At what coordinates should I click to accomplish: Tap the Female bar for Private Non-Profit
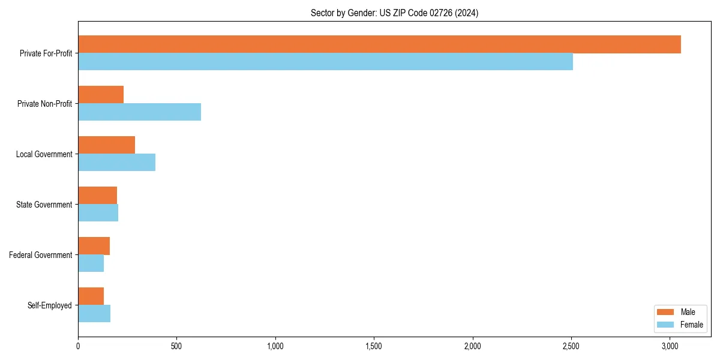tap(139, 112)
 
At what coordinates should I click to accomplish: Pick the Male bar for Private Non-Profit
tap(101, 95)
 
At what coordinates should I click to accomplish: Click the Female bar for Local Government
tap(116, 163)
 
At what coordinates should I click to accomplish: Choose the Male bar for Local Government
tap(106, 145)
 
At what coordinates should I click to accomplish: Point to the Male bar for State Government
tap(97, 196)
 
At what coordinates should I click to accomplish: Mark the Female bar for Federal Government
tap(91, 263)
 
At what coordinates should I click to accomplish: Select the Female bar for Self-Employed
tap(94, 314)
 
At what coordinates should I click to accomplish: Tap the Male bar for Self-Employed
tap(91, 296)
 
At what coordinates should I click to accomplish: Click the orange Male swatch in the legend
tap(666, 312)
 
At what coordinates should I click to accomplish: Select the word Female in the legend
tap(691, 325)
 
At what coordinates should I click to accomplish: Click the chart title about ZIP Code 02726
tap(394, 13)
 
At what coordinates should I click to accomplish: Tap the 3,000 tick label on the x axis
tap(670, 346)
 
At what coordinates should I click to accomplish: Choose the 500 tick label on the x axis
tap(176, 346)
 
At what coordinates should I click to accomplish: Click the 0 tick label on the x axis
tap(78, 346)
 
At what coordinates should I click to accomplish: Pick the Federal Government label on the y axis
tap(40, 255)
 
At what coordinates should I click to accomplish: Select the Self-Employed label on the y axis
tap(49, 305)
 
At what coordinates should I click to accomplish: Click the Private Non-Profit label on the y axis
tap(44, 104)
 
